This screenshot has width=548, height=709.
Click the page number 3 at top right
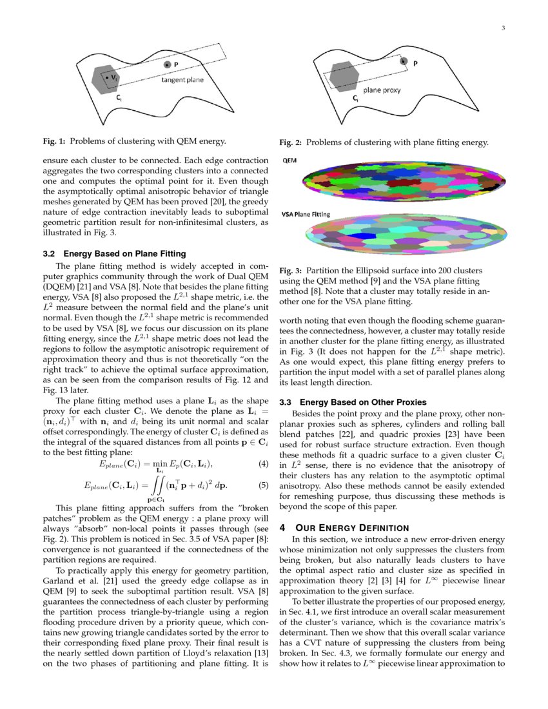pos(503,28)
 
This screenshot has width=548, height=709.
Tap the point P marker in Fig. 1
pos(167,65)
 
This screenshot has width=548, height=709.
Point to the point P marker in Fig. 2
pos(404,61)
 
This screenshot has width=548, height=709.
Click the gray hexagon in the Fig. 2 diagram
pos(344,77)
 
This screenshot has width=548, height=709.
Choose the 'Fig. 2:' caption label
pos(291,142)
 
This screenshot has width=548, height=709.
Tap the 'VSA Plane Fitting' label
pos(305,214)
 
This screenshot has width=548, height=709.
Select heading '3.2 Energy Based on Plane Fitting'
pos(114,253)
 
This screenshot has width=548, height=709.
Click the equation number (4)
pos(262,464)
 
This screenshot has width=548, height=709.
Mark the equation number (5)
pos(262,485)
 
